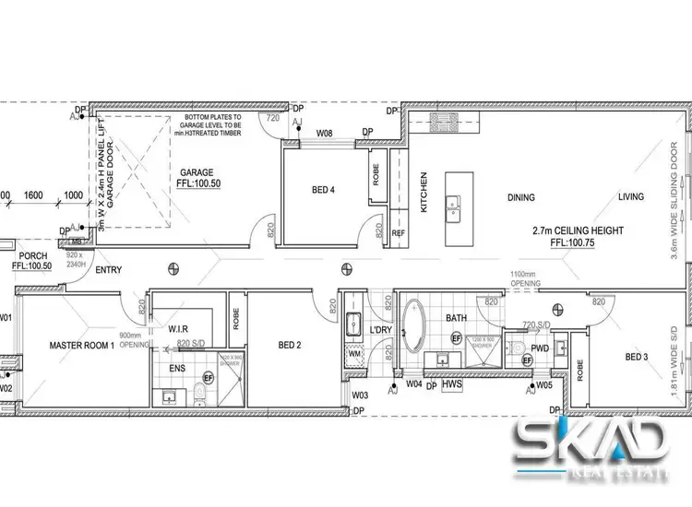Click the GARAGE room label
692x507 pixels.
point(197,172)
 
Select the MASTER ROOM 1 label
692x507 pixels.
point(82,346)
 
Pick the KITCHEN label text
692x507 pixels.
point(424,193)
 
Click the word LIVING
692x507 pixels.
point(631,196)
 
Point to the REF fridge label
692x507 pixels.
point(399,233)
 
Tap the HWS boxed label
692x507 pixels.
point(451,384)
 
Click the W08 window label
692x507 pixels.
point(325,134)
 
